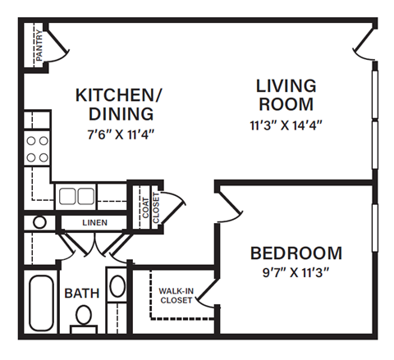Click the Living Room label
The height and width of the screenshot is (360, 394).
click(x=285, y=94)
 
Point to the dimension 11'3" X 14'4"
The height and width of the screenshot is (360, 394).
click(x=285, y=125)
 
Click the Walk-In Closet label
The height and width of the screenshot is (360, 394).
click(x=176, y=295)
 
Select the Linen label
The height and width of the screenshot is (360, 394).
click(x=94, y=222)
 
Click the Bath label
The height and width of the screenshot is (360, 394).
click(x=82, y=293)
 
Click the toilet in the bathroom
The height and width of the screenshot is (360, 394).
click(x=83, y=317)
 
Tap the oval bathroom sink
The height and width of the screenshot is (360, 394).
click(x=117, y=289)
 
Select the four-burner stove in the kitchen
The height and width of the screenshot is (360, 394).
click(x=37, y=148)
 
